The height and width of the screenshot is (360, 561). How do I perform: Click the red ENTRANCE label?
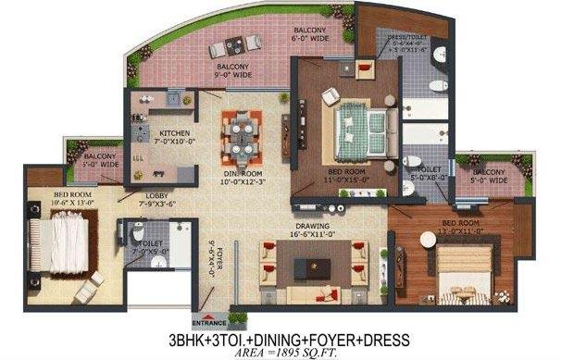click(x=207, y=322)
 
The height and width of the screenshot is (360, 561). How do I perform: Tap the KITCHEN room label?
click(x=175, y=136)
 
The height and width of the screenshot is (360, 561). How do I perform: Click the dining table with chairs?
click(x=241, y=137)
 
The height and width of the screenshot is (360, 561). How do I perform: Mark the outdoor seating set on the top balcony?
click(x=226, y=41)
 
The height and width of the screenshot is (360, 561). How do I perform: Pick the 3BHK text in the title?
click(x=196, y=336)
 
